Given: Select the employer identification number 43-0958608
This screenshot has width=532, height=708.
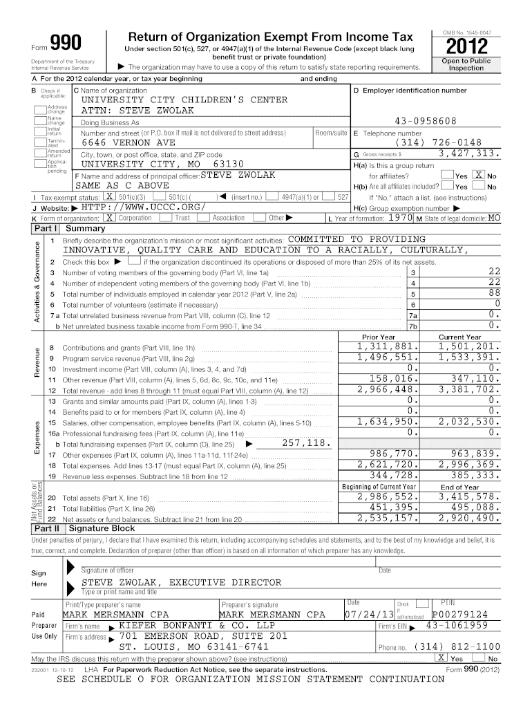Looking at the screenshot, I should pyautogui.click(x=425, y=121).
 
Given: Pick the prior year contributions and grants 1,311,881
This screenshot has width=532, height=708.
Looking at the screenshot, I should pyautogui.click(x=388, y=346).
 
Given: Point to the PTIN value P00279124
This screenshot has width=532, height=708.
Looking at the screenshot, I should pyautogui.click(x=459, y=615).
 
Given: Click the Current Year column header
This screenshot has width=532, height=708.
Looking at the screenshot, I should pyautogui.click(x=459, y=337).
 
